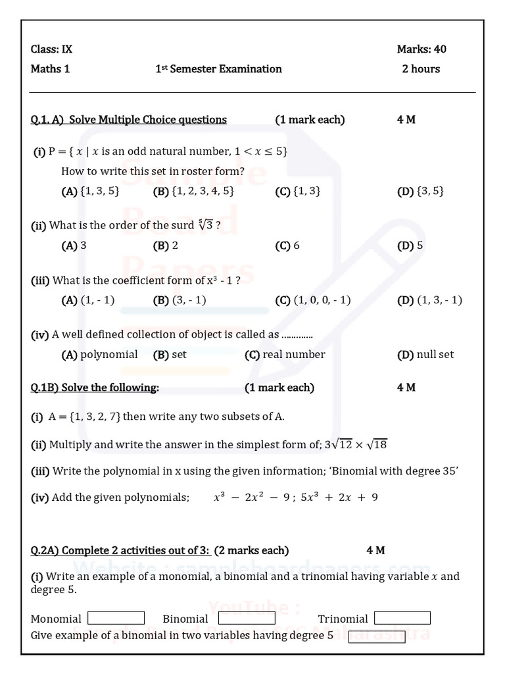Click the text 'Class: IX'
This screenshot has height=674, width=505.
click(x=47, y=49)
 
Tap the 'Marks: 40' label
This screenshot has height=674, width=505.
click(x=421, y=49)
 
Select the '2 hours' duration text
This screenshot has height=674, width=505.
click(x=421, y=69)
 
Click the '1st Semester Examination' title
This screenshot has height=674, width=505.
click(x=218, y=69)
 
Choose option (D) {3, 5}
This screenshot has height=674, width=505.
click(x=421, y=192)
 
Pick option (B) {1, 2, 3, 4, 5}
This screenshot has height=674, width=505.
click(x=193, y=192)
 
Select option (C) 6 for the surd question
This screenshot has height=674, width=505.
click(x=287, y=246)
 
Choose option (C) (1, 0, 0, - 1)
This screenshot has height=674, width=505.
click(x=313, y=300)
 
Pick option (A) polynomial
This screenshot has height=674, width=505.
click(x=99, y=355)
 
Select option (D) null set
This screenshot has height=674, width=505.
click(x=425, y=355)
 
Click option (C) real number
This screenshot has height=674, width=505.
click(x=285, y=355)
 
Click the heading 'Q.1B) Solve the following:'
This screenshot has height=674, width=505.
click(x=95, y=388)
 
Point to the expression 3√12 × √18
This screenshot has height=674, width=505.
click(x=356, y=444)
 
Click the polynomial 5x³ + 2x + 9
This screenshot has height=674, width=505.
click(x=339, y=498)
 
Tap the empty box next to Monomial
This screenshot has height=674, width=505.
click(x=116, y=618)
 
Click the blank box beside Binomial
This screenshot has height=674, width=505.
click(x=247, y=618)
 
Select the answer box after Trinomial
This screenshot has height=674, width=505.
click(x=402, y=618)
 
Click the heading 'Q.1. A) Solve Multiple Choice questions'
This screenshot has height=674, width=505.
click(x=129, y=120)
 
